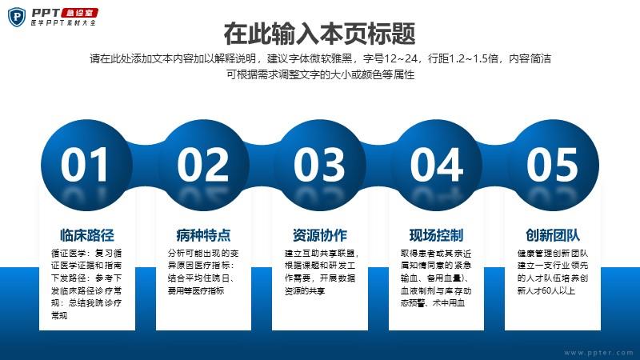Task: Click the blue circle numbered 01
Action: (86, 165)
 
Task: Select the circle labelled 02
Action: (203, 165)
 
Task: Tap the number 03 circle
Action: (319, 165)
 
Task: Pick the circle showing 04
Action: (436, 165)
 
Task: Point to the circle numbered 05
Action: (553, 165)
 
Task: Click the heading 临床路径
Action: (87, 235)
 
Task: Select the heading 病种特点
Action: (203, 235)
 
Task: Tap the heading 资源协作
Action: (319, 235)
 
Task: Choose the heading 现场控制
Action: (436, 235)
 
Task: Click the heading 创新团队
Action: (553, 235)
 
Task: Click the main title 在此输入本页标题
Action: (319, 34)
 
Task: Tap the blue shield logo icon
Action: (17, 17)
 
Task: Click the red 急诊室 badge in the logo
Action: (80, 13)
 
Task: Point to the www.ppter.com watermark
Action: (598, 352)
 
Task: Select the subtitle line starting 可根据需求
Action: (321, 74)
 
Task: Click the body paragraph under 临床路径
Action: (86, 284)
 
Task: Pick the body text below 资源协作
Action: (322, 272)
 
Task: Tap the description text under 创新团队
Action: (553, 272)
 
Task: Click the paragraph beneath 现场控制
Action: (436, 278)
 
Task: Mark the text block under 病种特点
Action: (203, 272)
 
